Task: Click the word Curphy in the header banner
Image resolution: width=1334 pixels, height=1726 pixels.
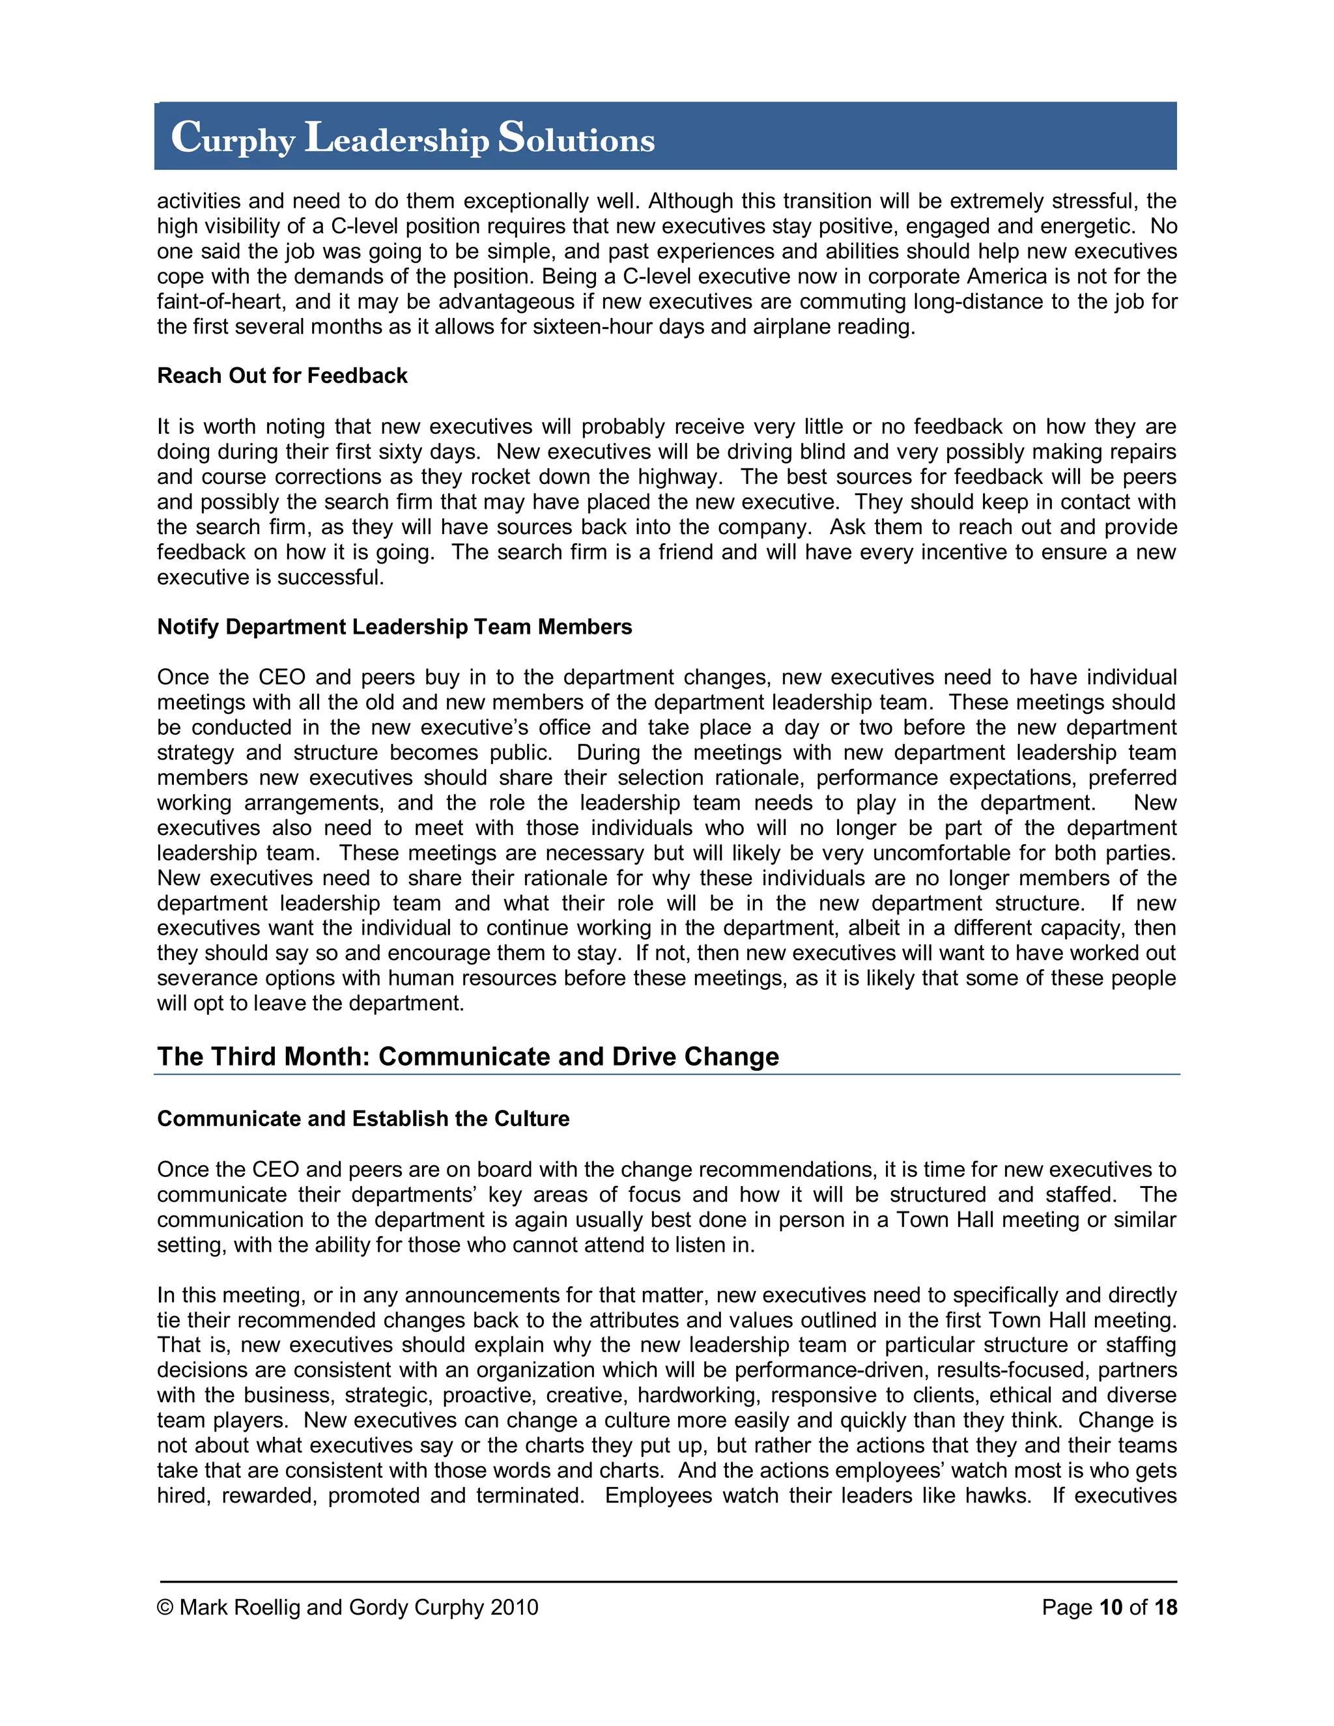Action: pos(233,139)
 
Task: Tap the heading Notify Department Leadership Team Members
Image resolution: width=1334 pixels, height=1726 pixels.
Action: pos(394,627)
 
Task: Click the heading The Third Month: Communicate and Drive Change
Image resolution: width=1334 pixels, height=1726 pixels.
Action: pos(468,1056)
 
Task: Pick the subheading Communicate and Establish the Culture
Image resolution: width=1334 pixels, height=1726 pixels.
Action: pos(363,1118)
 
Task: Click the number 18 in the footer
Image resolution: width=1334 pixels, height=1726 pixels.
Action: pos(1165,1607)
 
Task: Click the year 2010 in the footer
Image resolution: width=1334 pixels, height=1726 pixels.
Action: pos(514,1607)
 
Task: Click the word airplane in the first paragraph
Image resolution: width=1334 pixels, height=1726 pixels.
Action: pos(793,327)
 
